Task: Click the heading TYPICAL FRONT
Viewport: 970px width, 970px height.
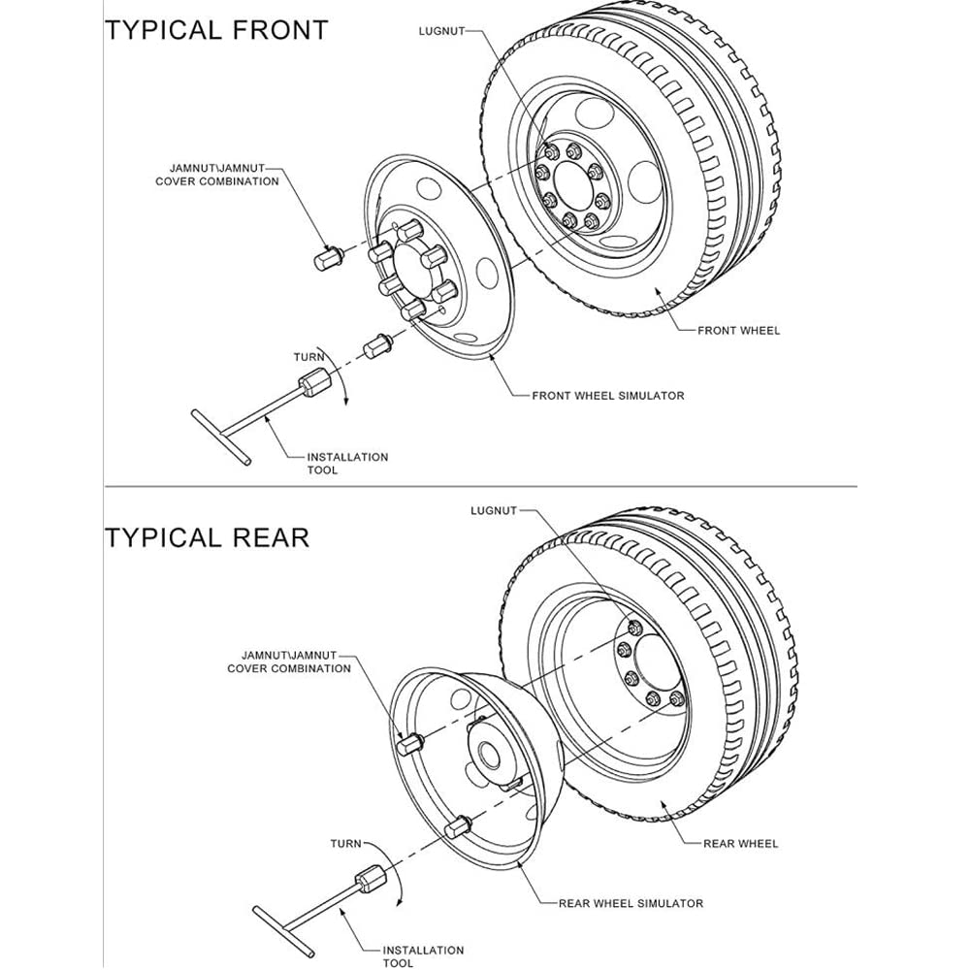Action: coord(216,29)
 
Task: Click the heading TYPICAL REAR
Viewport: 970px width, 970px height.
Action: coord(207,536)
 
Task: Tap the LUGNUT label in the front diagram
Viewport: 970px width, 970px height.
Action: coord(441,31)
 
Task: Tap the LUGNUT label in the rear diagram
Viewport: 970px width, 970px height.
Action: coord(494,510)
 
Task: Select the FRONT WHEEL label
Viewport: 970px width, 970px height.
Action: coord(738,331)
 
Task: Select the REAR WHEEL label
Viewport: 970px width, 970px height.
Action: coord(740,843)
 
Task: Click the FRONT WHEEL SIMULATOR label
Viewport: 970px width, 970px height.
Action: coord(608,396)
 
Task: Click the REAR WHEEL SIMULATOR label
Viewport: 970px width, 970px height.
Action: coord(630,903)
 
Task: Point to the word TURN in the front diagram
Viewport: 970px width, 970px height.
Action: coord(309,357)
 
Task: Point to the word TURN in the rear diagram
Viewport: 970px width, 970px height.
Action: coord(345,844)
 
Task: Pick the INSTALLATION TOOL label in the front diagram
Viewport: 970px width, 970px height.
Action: coord(347,463)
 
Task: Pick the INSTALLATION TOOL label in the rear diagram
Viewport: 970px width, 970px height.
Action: coord(423,956)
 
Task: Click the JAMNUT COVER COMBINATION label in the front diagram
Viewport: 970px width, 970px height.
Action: coord(217,175)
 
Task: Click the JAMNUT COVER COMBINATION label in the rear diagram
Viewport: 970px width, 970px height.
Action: coord(289,662)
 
